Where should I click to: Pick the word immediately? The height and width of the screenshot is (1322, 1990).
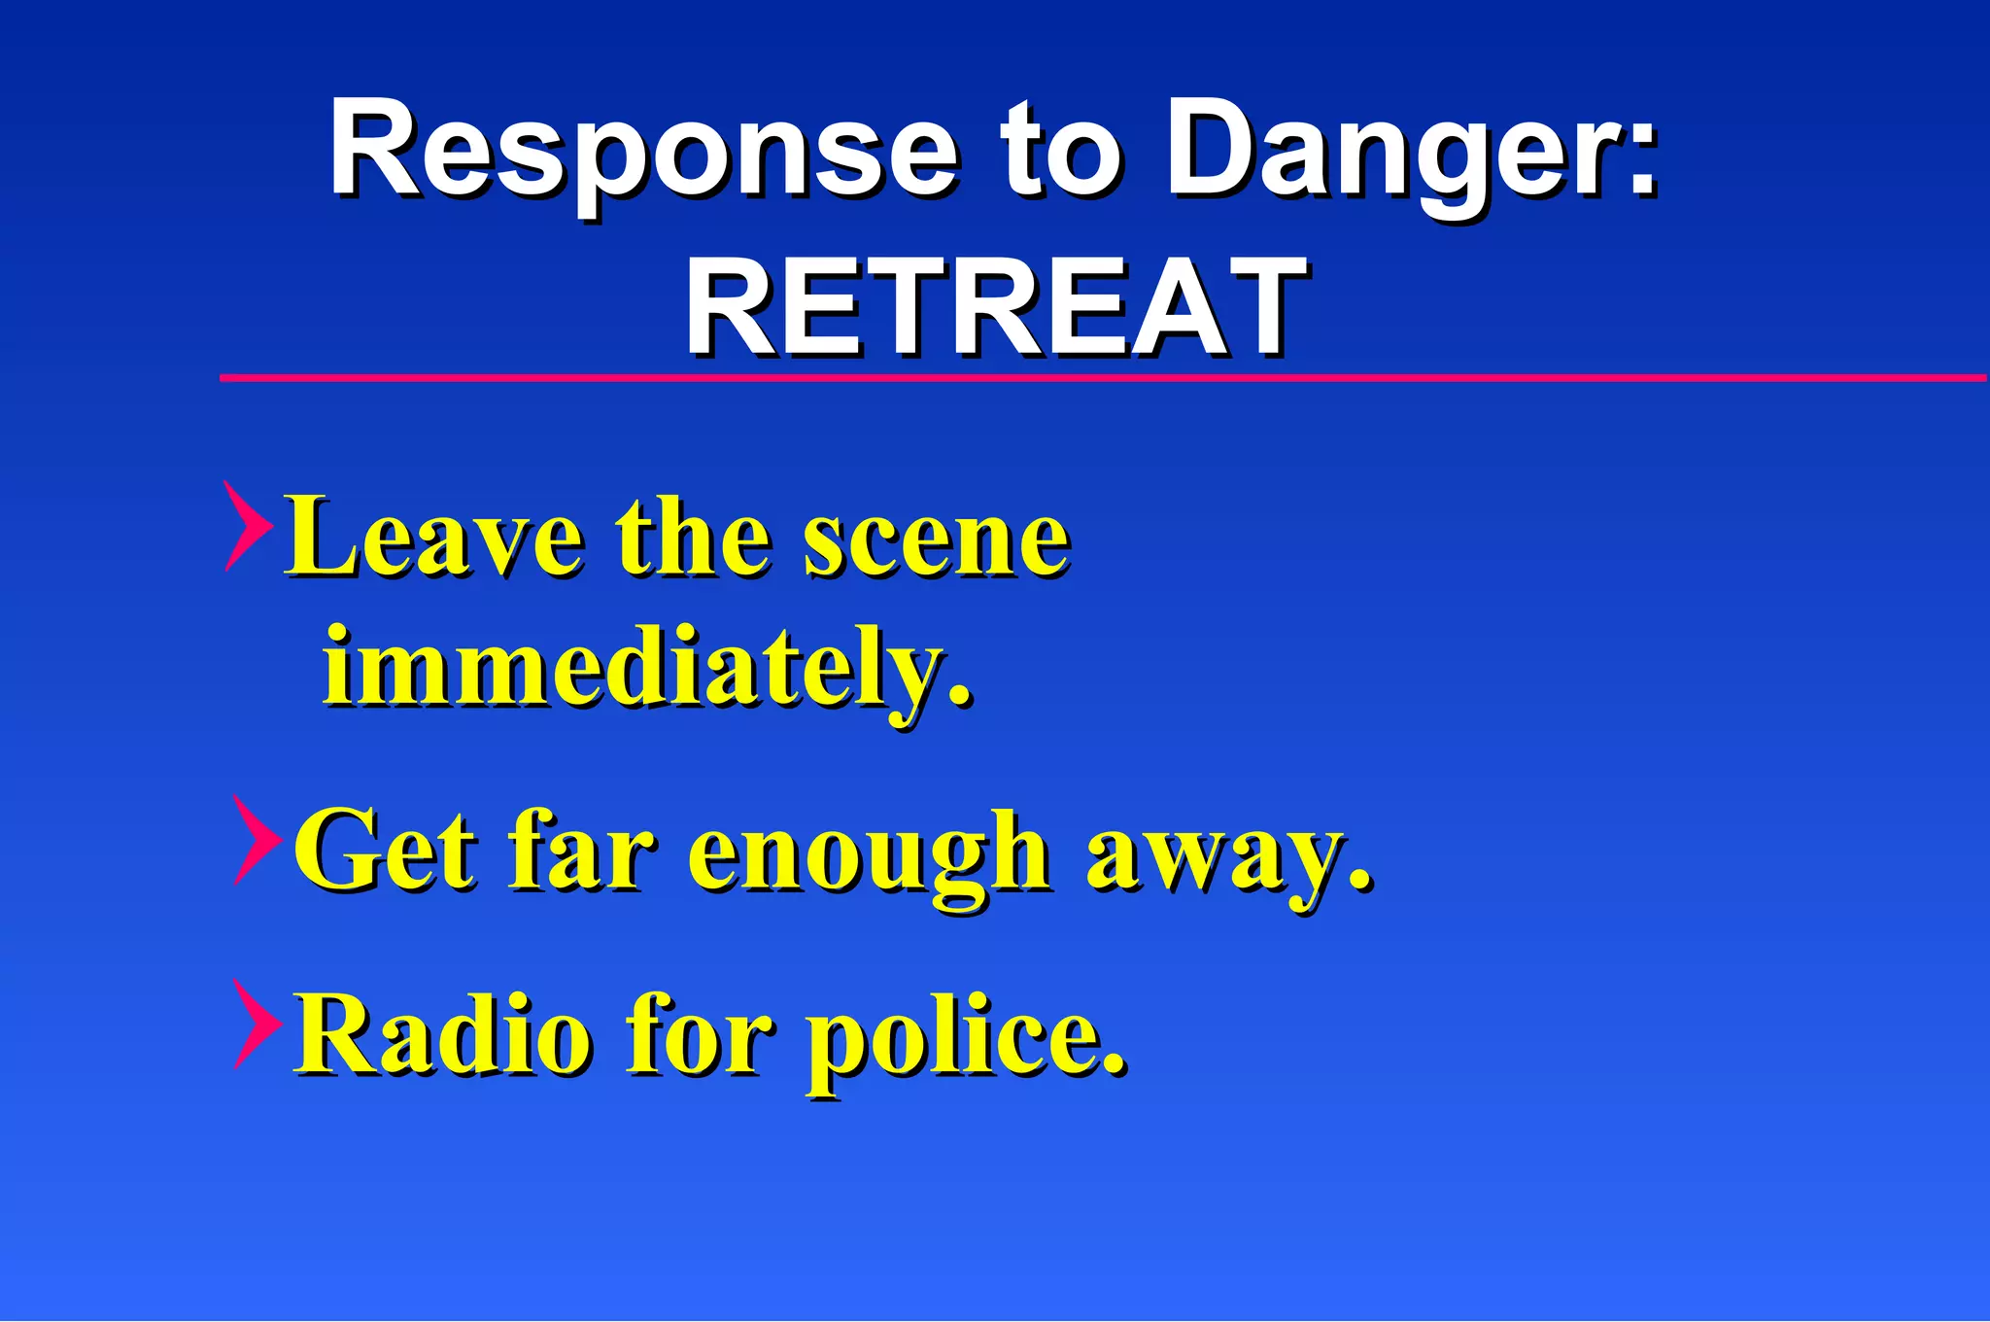pos(645,669)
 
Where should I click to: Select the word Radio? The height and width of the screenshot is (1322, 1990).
pos(443,1034)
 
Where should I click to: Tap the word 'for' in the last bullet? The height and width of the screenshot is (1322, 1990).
pos(700,1034)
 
